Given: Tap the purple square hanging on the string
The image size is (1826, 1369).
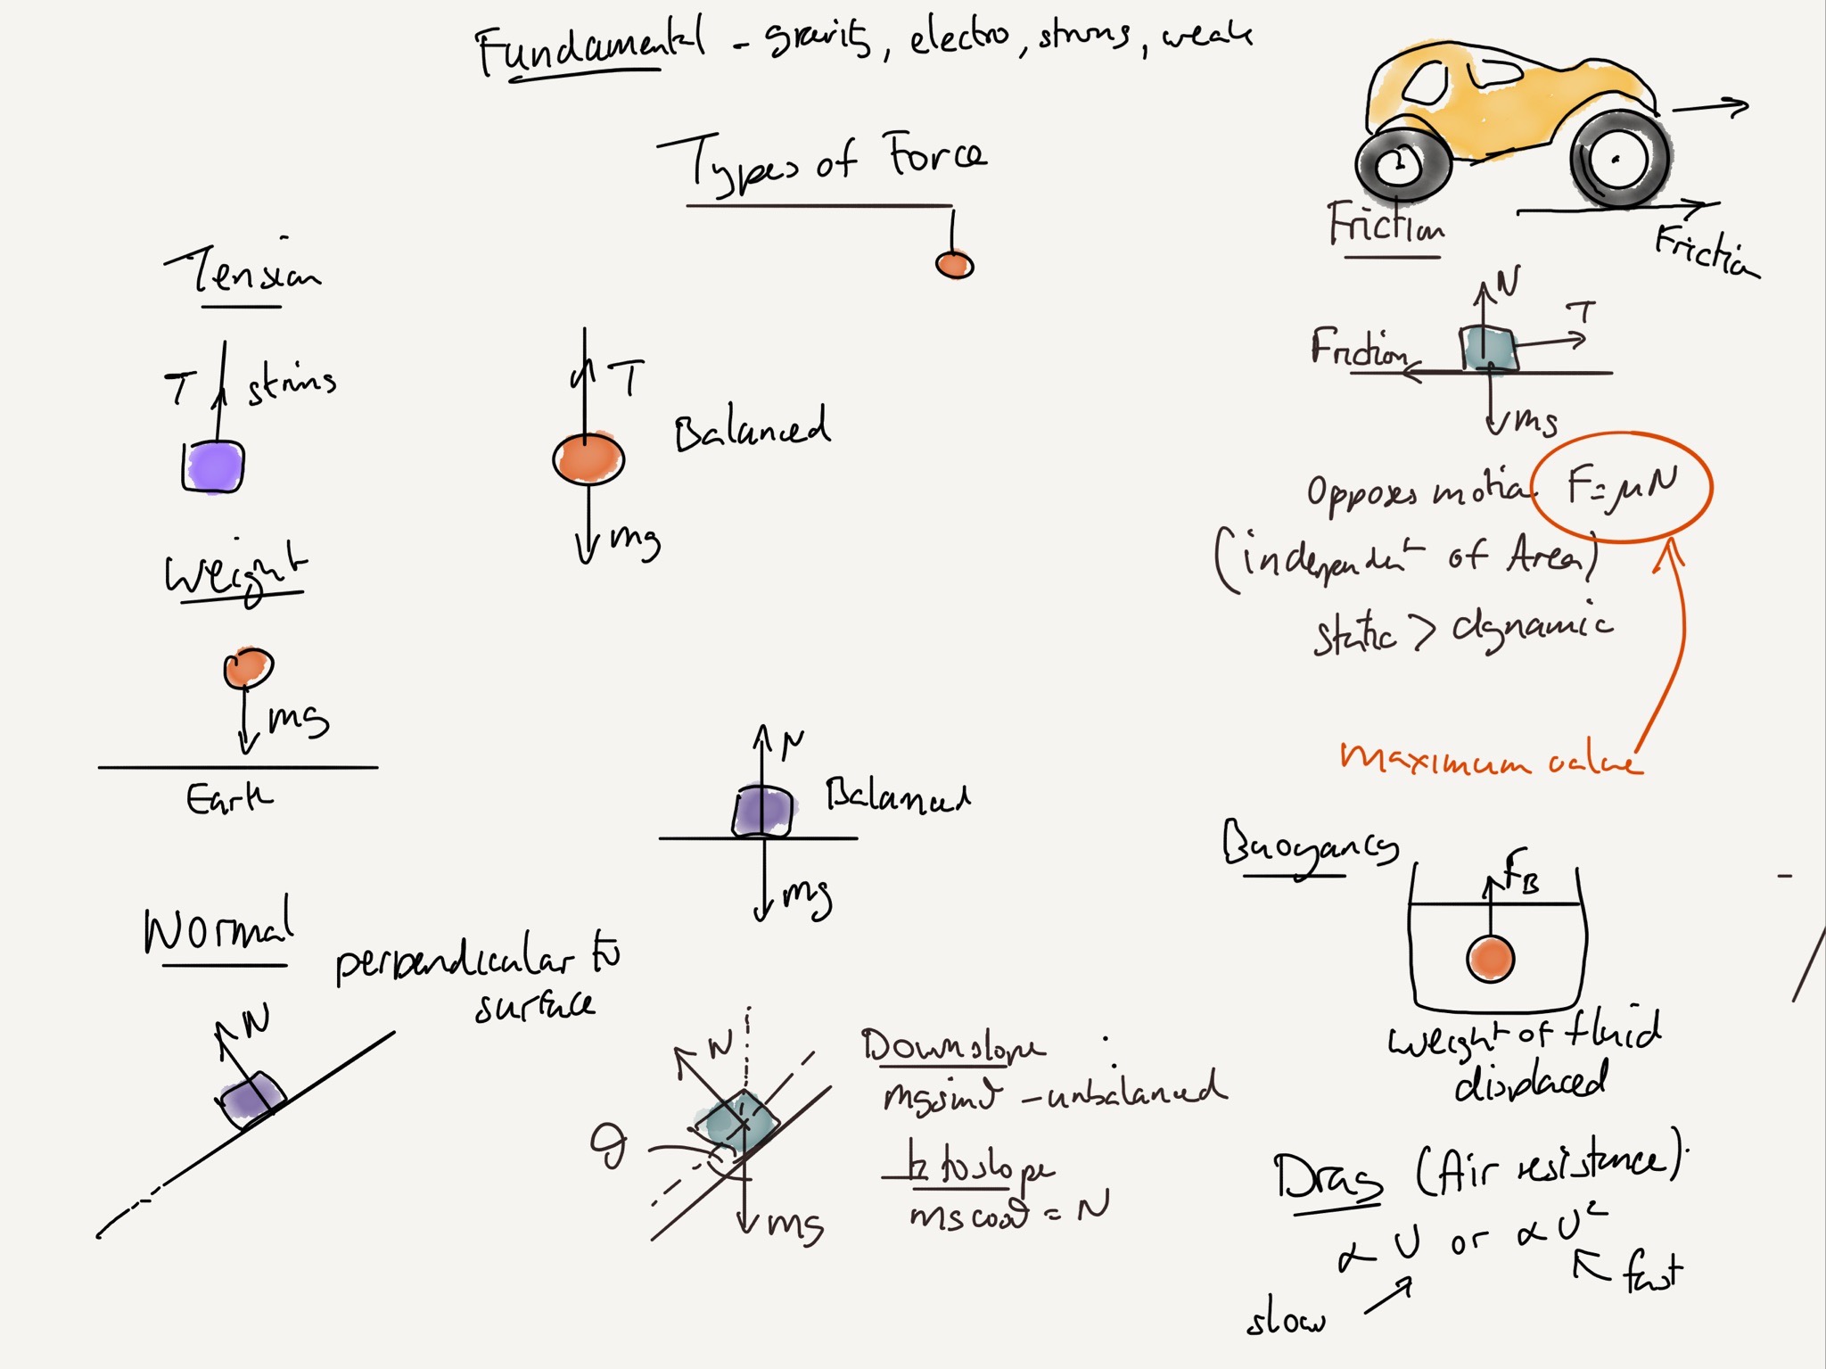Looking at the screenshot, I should tap(214, 466).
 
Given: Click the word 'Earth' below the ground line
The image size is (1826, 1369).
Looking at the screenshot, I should tap(228, 798).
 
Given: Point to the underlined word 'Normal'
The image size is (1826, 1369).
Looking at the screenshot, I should tap(218, 930).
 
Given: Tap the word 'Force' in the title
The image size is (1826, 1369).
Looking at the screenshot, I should tap(936, 156).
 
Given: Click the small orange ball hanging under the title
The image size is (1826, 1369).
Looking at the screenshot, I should tap(954, 265).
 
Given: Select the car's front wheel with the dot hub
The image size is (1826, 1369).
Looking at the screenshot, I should tap(1617, 161).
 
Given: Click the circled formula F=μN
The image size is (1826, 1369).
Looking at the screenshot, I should tap(1622, 487).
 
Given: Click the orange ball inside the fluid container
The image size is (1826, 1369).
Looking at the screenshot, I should tap(1490, 959).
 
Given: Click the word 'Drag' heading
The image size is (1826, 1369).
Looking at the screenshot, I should tap(1327, 1177).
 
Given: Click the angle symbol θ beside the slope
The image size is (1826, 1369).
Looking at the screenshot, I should tap(610, 1146).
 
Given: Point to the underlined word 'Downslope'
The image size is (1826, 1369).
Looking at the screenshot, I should tap(952, 1046).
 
